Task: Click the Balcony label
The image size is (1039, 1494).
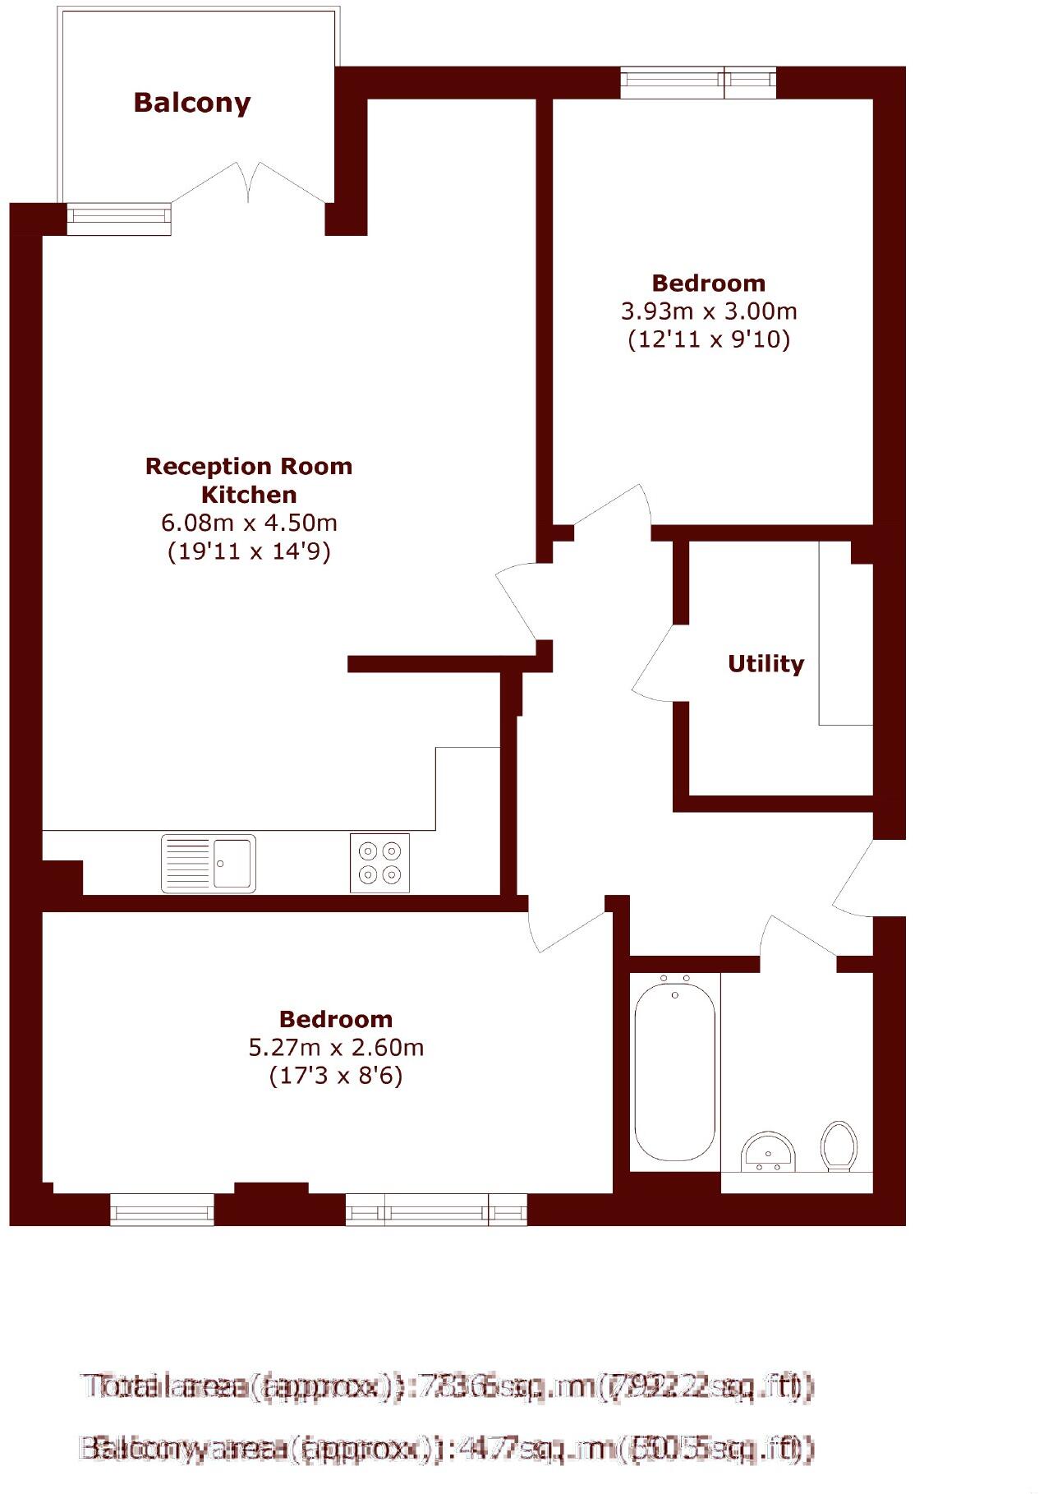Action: click(x=191, y=103)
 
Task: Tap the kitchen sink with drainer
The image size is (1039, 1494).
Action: click(x=208, y=863)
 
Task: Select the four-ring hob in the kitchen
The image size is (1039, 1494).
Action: click(x=379, y=863)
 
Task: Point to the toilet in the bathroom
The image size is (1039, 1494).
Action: click(x=839, y=1146)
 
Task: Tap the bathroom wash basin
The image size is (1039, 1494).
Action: click(x=768, y=1152)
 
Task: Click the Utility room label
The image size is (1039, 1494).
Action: click(x=765, y=663)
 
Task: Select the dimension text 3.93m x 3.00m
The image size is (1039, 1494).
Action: click(x=708, y=311)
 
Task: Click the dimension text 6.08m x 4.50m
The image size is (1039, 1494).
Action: click(x=249, y=523)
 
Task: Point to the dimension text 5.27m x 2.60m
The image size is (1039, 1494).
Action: click(x=336, y=1048)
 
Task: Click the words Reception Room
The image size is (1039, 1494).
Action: click(x=249, y=466)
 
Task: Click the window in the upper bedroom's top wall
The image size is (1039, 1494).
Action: click(x=697, y=81)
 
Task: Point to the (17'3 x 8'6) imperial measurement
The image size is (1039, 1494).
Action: click(x=336, y=1076)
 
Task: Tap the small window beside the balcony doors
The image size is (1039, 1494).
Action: click(x=119, y=218)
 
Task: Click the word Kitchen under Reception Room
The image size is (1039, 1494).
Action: click(x=249, y=495)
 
